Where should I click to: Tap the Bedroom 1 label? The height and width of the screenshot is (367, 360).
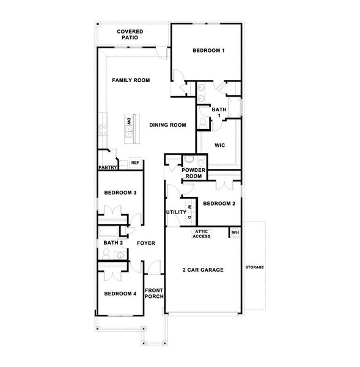(x=208, y=50)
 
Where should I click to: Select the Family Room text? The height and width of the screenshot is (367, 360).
(x=131, y=80)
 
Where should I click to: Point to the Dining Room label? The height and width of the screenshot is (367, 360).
(x=167, y=125)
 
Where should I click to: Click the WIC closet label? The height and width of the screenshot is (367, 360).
(x=219, y=145)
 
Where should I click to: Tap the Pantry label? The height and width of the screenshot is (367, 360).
(x=107, y=167)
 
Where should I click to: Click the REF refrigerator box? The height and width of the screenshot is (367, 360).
(x=135, y=163)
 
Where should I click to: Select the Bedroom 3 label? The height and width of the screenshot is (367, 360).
(x=120, y=193)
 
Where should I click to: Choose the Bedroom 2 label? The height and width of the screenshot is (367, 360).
(x=219, y=204)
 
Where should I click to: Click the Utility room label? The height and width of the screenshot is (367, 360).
(x=176, y=212)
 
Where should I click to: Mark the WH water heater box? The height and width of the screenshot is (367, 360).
(x=235, y=232)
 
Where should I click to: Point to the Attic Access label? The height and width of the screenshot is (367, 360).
(x=202, y=234)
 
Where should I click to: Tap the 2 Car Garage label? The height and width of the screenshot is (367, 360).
(x=203, y=270)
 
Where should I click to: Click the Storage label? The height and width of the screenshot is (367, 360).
(x=254, y=268)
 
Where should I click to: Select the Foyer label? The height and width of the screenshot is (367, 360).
(x=145, y=243)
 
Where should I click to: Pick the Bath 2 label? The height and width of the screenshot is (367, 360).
(x=112, y=243)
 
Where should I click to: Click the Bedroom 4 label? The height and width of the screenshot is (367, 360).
(x=120, y=294)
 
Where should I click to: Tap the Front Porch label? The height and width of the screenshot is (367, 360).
(x=153, y=294)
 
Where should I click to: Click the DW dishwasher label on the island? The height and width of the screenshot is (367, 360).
(x=129, y=122)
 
